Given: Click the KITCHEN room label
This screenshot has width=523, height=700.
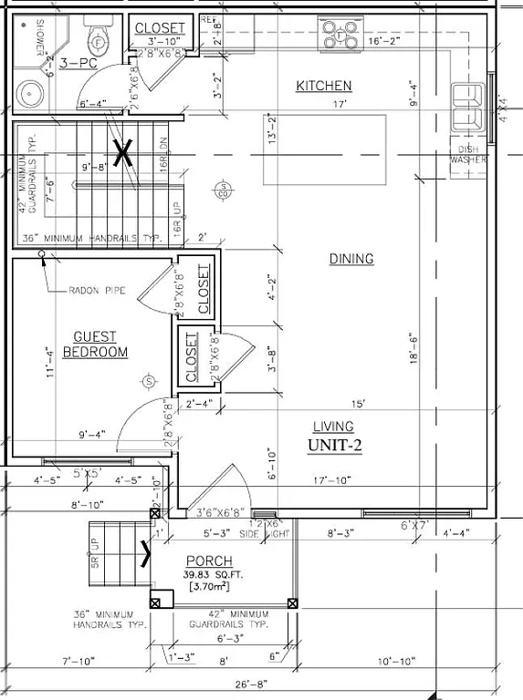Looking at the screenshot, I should [x=324, y=86].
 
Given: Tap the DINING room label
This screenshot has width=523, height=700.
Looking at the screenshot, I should [x=351, y=259].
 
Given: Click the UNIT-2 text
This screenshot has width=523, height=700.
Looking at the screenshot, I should [x=334, y=445].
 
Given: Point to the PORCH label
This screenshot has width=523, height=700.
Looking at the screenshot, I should [x=208, y=561].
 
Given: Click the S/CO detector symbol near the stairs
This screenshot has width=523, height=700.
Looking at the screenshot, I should [x=222, y=190].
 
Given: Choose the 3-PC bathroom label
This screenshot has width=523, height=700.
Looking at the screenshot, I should [x=78, y=64].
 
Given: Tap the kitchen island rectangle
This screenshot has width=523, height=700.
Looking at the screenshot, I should [x=323, y=149].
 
